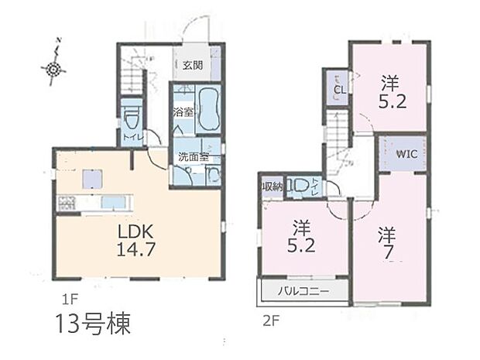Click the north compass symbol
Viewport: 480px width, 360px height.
click(53, 69)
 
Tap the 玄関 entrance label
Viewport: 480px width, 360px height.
click(193, 66)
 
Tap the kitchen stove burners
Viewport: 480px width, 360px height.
click(65, 204)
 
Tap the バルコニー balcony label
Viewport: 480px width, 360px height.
click(304, 292)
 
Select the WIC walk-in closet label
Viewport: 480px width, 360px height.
click(406, 153)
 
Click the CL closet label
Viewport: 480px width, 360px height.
click(338, 89)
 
